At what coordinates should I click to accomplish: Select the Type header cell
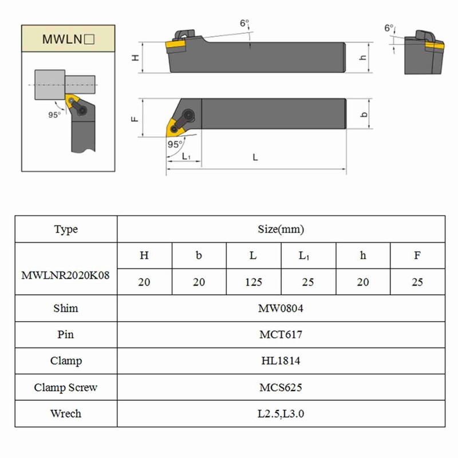(66, 230)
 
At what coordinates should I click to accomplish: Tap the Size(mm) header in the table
(281, 230)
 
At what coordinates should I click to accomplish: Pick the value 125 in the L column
(254, 282)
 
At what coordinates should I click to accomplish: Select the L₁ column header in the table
(308, 256)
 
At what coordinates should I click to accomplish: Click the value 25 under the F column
(417, 282)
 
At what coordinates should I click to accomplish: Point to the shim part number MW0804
(281, 309)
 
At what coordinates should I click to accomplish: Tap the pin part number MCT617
(281, 335)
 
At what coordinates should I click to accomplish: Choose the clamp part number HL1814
(281, 361)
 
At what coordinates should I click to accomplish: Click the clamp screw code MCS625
(281, 388)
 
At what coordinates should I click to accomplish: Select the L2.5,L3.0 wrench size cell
(281, 414)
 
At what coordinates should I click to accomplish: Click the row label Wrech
(66, 414)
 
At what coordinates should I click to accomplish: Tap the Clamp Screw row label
(66, 388)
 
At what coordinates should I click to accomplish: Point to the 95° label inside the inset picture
(54, 114)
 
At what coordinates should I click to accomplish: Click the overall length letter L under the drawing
(255, 157)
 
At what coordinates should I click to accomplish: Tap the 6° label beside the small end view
(389, 27)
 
